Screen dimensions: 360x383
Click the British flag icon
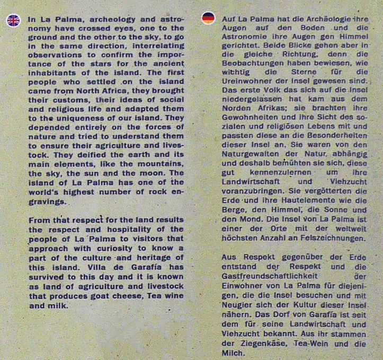(13, 21)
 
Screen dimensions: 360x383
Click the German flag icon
(208, 18)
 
